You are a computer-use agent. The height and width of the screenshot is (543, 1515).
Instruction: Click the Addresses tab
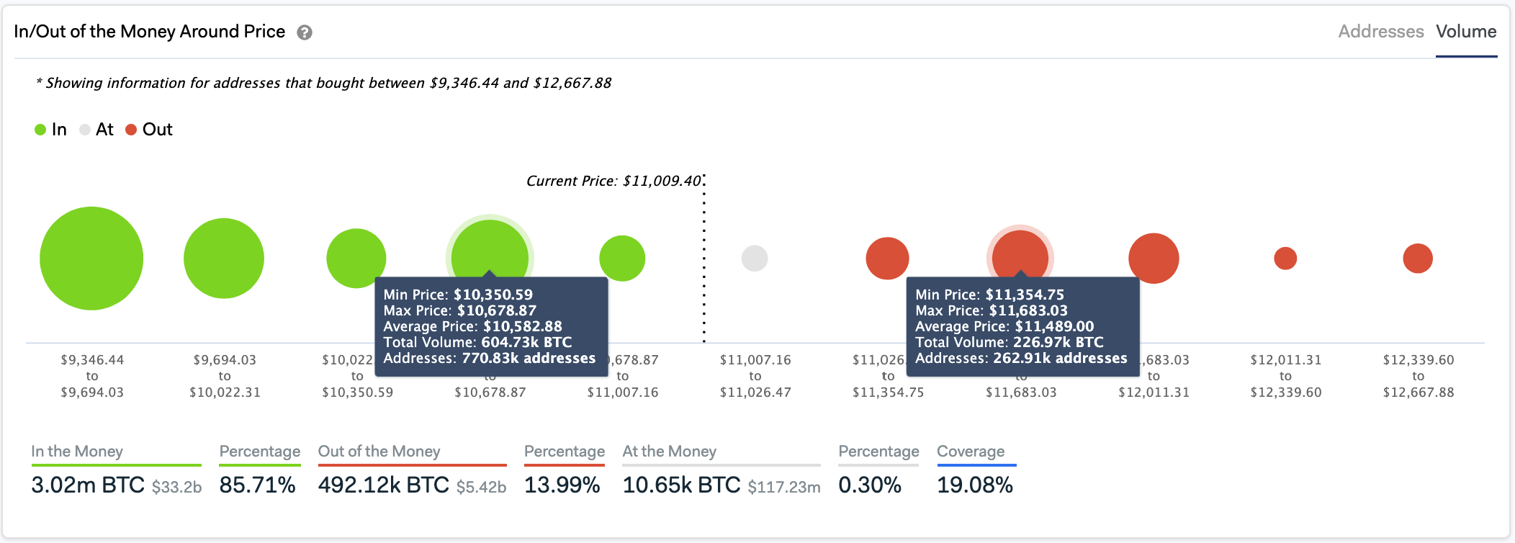coord(1380,32)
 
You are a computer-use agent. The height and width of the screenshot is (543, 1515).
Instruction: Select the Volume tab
coord(1466,32)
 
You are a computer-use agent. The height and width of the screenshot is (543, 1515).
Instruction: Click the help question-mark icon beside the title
coord(305,32)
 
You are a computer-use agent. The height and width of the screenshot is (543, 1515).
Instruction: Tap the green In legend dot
coord(40,130)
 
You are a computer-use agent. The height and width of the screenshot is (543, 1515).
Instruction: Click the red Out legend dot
coord(131,130)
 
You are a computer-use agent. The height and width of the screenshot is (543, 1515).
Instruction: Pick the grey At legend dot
coord(85,130)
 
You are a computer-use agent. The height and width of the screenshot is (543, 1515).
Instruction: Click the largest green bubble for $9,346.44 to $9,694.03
coord(91,258)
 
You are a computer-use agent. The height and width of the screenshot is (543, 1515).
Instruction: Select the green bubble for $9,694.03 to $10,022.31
coord(224,258)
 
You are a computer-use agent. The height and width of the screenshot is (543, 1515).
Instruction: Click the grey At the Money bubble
coord(755,258)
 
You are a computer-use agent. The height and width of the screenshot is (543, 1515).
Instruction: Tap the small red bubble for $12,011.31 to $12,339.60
coord(1285,258)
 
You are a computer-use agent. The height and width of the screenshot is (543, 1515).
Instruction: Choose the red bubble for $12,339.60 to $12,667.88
coord(1418,258)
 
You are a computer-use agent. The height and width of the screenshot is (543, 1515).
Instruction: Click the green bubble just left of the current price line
coord(622,258)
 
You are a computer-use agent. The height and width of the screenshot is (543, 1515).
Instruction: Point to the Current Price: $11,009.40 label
coord(613,181)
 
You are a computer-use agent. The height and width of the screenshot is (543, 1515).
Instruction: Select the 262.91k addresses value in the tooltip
coord(1060,358)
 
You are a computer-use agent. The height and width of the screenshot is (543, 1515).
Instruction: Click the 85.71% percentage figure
coord(257,485)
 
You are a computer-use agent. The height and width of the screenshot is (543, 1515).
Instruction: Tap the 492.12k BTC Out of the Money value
coord(384,485)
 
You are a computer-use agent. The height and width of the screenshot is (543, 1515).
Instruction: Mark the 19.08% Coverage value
coord(975,485)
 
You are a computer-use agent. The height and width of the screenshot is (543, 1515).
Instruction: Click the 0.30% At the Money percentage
coord(870,485)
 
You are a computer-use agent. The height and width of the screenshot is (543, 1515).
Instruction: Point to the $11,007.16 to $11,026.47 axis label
coord(755,376)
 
